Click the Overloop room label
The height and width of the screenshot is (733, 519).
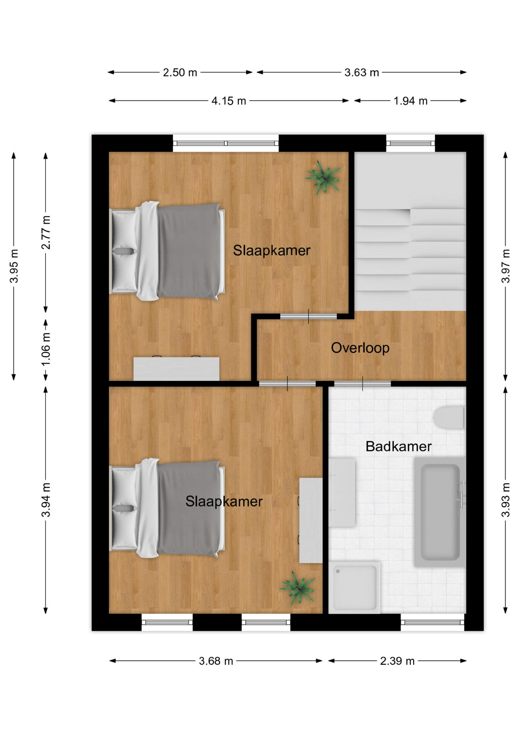coord(360,348)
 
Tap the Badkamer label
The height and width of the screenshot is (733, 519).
coord(398,446)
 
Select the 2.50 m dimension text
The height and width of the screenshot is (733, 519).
coord(180,73)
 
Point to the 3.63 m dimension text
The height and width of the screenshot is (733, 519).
coord(362,73)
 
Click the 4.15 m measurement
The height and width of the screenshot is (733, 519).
coord(229,101)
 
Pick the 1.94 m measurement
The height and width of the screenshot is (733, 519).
coord(410,101)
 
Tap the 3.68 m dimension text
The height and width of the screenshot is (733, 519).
coord(216,661)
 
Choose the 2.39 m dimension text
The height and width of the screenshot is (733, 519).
coord(397,661)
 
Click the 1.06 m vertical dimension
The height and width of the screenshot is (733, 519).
coord(46,349)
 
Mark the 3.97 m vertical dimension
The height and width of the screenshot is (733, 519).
coord(506,266)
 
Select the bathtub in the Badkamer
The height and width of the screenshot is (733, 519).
coord(440,512)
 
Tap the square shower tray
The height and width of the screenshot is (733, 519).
coord(354,587)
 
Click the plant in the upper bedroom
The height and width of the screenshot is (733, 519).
coord(323,178)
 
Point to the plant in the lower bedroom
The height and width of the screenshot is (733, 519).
coord(298,588)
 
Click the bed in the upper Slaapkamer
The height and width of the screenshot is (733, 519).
coord(167,251)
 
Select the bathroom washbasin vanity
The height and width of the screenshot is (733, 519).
coord(342,492)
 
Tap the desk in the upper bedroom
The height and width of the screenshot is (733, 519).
coord(176,368)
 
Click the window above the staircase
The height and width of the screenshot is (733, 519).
coord(410,143)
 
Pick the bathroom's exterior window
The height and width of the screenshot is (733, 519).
coord(432,622)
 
